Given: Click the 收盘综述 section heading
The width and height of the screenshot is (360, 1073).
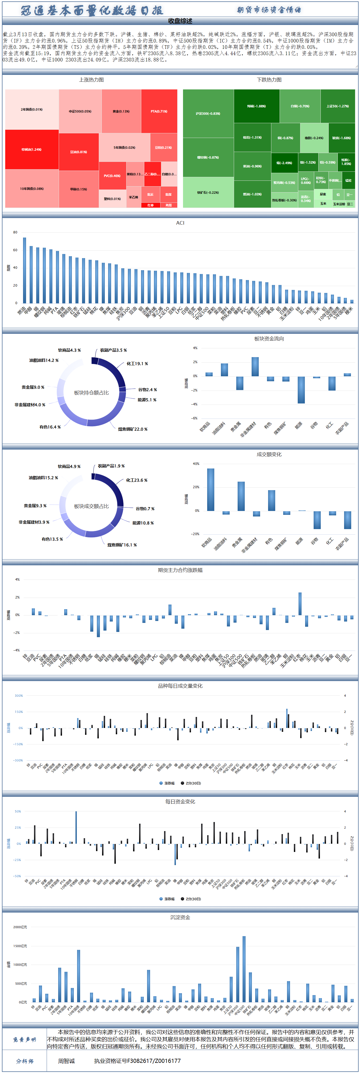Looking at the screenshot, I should click(180, 21).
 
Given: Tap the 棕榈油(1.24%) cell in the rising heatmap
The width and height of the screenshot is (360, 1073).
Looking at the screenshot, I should click(32, 149).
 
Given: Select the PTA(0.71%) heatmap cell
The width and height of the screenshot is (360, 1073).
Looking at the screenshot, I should click(159, 111).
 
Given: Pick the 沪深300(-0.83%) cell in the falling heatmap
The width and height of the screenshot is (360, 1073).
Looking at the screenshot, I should click(208, 113).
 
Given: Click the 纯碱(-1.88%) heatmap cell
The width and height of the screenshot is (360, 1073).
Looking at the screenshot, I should click(256, 106).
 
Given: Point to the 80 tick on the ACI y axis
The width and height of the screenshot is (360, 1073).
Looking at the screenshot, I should click(15, 232).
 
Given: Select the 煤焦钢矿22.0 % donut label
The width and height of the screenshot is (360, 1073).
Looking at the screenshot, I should click(133, 429).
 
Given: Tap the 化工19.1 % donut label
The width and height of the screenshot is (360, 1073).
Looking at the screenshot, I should click(137, 364).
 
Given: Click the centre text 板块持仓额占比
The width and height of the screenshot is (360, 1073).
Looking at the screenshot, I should click(91, 393).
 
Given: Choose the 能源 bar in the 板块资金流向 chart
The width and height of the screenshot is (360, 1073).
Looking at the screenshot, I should click(301, 389).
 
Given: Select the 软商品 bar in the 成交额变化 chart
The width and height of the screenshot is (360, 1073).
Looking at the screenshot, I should click(210, 489).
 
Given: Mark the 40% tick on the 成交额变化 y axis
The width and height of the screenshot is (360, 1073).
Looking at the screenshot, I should click(196, 464).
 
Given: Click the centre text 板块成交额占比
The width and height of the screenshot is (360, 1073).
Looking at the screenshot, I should click(91, 506).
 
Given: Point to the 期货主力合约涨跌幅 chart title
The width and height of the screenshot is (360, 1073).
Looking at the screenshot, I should click(180, 570).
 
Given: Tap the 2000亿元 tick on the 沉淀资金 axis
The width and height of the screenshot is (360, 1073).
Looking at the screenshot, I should click(20, 927).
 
